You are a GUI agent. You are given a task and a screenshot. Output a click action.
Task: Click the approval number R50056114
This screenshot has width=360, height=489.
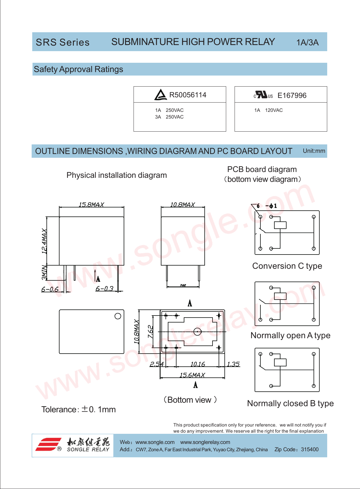(188, 95)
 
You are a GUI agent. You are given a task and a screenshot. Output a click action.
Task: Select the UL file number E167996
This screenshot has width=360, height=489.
(292, 96)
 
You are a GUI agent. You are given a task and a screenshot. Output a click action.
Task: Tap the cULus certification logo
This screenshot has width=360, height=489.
(263, 95)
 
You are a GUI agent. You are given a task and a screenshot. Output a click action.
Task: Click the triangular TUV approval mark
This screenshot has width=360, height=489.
(160, 95)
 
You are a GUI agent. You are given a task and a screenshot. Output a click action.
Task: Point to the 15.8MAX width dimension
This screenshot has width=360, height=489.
(91, 205)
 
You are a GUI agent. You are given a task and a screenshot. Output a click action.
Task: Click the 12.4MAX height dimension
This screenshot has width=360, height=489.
(44, 241)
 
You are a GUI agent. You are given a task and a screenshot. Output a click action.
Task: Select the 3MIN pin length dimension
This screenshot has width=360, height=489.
(44, 272)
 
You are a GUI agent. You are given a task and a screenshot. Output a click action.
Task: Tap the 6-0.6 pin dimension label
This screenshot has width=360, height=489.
(50, 289)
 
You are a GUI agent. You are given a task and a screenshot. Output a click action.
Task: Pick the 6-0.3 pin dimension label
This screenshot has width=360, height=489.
(104, 289)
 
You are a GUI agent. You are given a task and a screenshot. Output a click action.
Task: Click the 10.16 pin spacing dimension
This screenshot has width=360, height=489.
(197, 364)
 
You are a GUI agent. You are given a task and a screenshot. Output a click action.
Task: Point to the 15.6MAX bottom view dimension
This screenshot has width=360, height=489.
(192, 375)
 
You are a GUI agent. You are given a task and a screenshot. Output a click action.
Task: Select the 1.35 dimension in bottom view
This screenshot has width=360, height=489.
(233, 364)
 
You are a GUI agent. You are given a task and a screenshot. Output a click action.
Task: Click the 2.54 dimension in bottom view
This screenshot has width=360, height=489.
(156, 364)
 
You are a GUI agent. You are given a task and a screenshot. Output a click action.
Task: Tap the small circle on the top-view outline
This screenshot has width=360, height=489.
(118, 316)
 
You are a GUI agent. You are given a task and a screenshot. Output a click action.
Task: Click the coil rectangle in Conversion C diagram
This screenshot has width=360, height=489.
(280, 225)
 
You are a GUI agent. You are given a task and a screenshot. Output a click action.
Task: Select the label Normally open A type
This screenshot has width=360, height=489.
(290, 336)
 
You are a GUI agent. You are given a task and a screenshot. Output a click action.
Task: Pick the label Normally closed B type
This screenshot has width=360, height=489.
(290, 404)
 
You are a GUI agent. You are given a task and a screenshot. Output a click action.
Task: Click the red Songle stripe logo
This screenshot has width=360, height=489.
(48, 444)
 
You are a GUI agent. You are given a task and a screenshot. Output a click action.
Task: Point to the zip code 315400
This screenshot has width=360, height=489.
(309, 449)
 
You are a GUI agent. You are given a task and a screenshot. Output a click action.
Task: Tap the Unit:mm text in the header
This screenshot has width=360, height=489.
(314, 151)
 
